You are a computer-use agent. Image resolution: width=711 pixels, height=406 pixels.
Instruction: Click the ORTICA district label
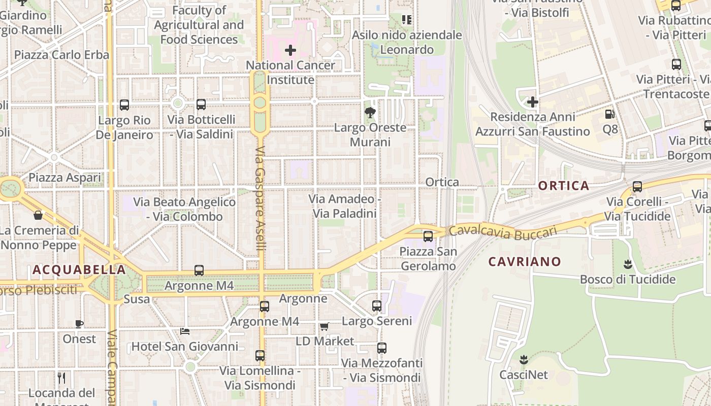click(563, 186)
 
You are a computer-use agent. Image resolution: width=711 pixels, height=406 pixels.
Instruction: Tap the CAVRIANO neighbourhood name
click(525, 262)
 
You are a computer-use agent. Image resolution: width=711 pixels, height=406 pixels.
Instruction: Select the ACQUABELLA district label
click(79, 269)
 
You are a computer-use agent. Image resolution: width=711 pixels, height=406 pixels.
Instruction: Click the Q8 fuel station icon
click(610, 114)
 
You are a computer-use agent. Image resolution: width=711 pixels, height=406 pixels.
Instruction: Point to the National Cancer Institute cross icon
click(290, 50)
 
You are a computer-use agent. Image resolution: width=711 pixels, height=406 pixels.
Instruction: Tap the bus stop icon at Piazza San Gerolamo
click(428, 236)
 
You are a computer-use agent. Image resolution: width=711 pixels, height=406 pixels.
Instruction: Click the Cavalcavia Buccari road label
click(503, 231)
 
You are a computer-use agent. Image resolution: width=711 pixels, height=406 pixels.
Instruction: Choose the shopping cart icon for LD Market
click(324, 326)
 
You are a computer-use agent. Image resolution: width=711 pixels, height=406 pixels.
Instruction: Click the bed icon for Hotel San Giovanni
click(185, 331)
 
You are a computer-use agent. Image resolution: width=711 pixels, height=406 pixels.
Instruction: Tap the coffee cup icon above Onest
click(79, 324)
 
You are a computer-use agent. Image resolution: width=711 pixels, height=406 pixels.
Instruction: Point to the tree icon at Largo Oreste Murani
click(370, 112)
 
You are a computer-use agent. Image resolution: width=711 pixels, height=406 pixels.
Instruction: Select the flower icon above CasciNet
click(524, 360)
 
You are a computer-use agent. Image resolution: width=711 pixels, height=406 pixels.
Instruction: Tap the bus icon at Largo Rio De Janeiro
click(124, 105)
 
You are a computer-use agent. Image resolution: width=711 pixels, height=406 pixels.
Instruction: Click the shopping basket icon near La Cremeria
click(38, 215)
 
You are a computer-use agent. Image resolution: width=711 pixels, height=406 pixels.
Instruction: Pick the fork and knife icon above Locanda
click(61, 378)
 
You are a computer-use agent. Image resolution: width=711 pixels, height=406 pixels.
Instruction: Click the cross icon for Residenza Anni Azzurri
click(532, 102)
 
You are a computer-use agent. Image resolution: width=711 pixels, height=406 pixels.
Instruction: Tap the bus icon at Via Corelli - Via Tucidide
click(637, 187)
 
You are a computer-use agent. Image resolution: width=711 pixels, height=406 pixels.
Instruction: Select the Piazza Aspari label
click(64, 178)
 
